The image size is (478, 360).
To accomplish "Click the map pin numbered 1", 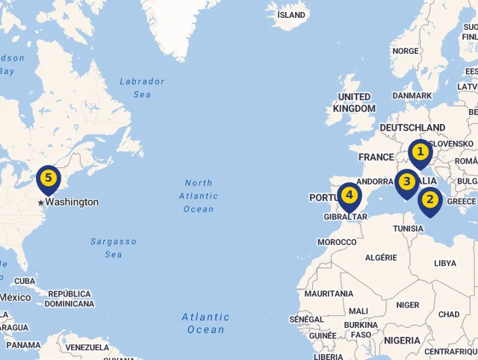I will (420, 153).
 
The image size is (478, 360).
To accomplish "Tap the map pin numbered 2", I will (429, 200).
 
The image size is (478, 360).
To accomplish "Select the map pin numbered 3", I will (407, 181).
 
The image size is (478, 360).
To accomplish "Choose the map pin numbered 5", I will (49, 179).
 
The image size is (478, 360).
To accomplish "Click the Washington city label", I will (71, 202).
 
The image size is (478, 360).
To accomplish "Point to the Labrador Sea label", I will (142, 88).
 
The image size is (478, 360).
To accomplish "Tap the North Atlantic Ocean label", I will (199, 196).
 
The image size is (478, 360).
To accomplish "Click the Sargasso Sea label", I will (114, 248).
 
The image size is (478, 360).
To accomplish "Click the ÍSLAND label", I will (291, 15).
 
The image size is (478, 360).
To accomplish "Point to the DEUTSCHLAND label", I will (412, 128).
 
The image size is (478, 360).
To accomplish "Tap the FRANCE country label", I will (376, 158).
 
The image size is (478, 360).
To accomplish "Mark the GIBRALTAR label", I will (346, 217).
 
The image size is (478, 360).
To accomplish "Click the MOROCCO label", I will (337, 242).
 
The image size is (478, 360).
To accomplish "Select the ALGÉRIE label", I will (381, 257).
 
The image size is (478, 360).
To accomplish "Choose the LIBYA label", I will (445, 263).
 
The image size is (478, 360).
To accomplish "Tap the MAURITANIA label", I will (329, 294).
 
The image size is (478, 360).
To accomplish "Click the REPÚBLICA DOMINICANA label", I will (69, 299).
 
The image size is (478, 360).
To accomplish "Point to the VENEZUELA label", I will (87, 347).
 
